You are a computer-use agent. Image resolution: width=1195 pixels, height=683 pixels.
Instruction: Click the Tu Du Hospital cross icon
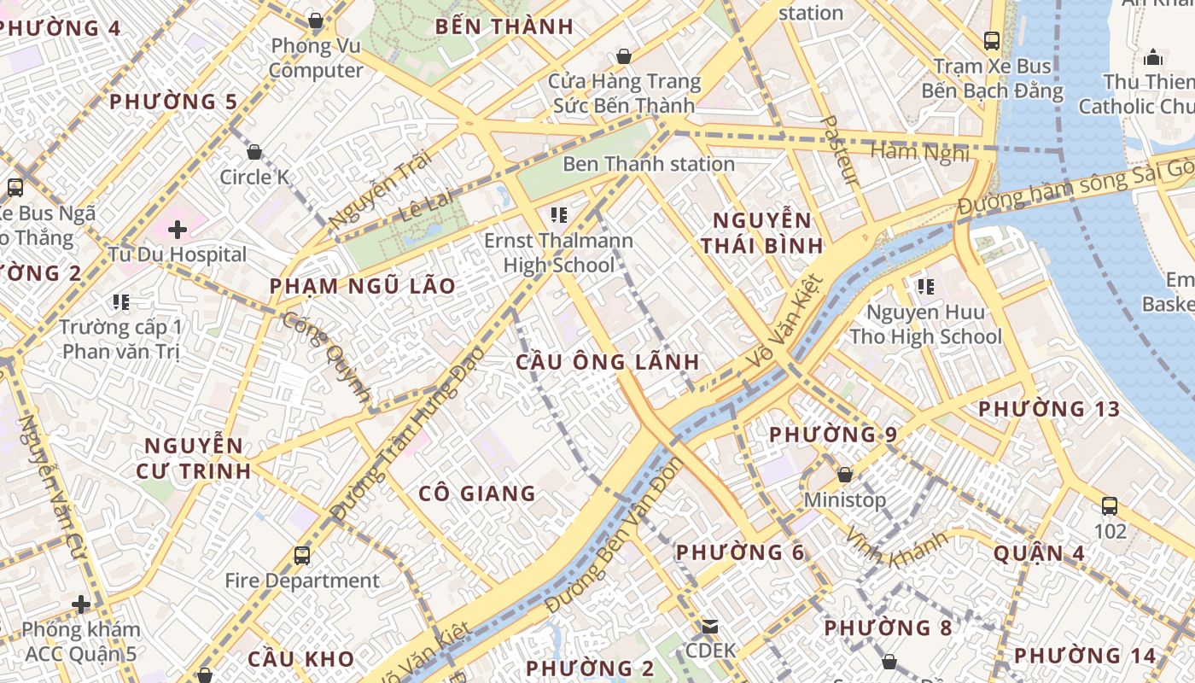coord(178,229)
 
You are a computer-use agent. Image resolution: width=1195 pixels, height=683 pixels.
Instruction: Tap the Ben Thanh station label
coord(649,164)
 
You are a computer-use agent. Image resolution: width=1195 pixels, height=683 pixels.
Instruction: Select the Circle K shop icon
coord(254,152)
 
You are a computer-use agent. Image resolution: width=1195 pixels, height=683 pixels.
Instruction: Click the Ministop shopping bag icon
coord(845,474)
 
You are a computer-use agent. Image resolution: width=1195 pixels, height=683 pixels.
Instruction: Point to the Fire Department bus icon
coord(302,555)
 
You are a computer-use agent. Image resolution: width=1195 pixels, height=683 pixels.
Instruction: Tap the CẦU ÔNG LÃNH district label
coord(608,362)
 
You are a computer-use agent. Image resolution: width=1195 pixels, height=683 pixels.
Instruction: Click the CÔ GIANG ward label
coord(477,493)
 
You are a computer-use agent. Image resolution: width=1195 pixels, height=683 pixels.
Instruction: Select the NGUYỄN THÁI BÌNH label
coord(762,232)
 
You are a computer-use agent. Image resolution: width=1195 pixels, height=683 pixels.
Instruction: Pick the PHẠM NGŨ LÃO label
coord(363,286)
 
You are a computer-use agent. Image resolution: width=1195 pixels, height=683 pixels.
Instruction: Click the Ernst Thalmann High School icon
coord(559,214)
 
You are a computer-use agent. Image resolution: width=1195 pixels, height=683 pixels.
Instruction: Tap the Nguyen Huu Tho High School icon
coord(925,287)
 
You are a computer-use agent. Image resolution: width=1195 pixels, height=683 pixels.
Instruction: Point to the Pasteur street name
coord(839,150)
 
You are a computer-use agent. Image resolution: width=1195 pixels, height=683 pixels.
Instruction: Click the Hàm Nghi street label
coord(919,152)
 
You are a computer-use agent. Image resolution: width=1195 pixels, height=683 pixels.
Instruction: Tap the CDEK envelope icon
coord(710,627)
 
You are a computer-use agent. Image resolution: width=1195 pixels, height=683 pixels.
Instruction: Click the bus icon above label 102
coord(1110,505)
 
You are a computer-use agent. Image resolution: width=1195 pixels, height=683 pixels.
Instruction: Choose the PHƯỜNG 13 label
coord(1049,409)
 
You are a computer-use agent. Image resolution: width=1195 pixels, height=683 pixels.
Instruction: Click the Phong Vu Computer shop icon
coord(316,20)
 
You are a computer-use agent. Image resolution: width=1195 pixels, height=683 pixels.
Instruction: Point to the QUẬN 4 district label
coord(1039,553)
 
